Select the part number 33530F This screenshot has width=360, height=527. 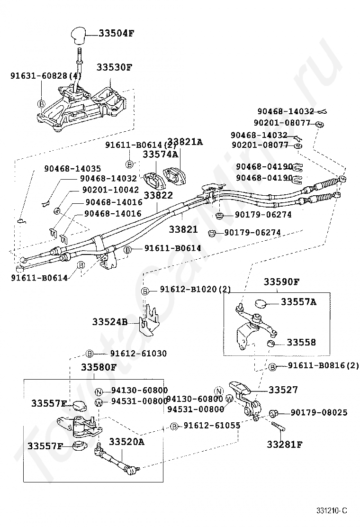point(115,67)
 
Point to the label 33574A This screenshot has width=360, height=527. point(161,154)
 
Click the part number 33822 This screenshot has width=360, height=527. point(158,195)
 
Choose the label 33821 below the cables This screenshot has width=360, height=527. point(183,229)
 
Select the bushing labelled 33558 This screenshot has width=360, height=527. point(271,344)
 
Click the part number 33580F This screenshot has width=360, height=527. point(99,367)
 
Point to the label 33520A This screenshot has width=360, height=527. point(126,441)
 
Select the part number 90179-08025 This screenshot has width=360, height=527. point(319,412)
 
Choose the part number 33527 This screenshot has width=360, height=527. point(283,390)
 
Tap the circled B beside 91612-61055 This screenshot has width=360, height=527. point(174,427)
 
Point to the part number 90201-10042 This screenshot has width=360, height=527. point(110,190)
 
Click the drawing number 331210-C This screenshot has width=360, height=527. point(332,511)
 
